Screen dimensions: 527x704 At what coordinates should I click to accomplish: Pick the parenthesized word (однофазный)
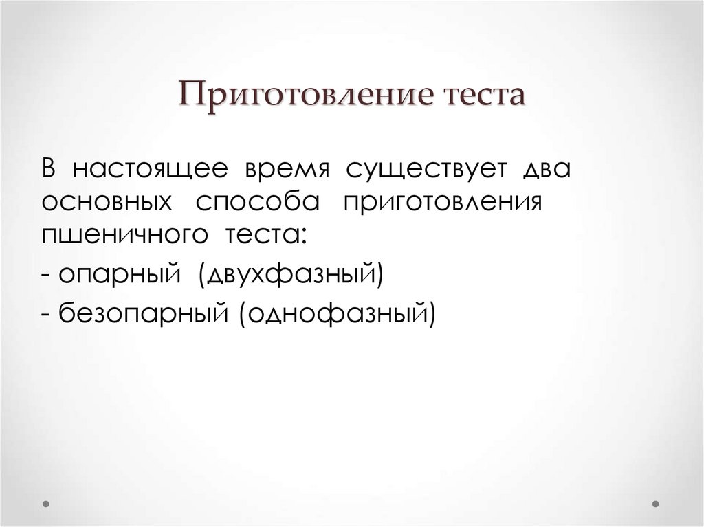click(338, 313)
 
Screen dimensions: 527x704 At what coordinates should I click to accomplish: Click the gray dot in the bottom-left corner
click(46, 504)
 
